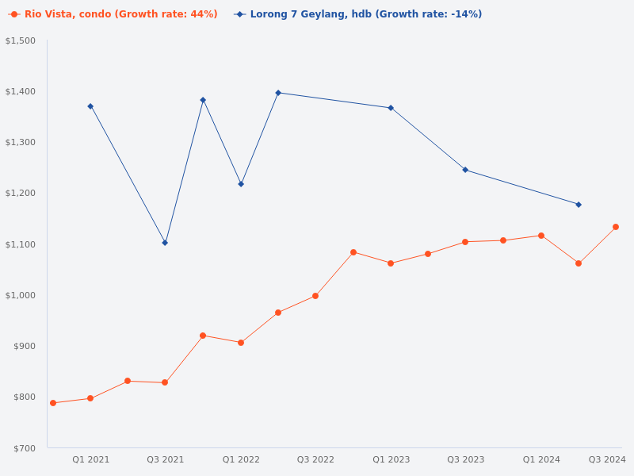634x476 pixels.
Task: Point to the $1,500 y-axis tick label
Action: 21,40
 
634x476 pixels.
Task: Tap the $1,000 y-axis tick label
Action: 21,295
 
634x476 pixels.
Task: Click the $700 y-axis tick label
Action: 25,448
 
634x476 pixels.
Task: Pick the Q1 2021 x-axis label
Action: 91,459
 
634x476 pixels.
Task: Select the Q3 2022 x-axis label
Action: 315,459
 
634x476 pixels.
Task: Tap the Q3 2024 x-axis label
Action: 607,459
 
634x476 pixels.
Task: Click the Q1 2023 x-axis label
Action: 391,459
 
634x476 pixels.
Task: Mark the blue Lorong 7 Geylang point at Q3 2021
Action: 165,243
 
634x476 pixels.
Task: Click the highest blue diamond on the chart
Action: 278,93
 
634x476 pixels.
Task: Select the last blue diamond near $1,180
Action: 579,205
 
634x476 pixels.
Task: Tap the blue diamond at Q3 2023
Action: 465,170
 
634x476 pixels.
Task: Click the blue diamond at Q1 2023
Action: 391,108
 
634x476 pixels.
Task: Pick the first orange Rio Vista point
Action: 53,403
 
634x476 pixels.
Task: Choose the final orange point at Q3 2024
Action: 616,227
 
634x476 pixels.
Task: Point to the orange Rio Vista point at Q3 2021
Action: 165,382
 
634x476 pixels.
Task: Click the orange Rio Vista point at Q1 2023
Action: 391,263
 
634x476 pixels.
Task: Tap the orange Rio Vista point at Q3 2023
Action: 465,242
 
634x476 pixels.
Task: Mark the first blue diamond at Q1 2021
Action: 90,106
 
